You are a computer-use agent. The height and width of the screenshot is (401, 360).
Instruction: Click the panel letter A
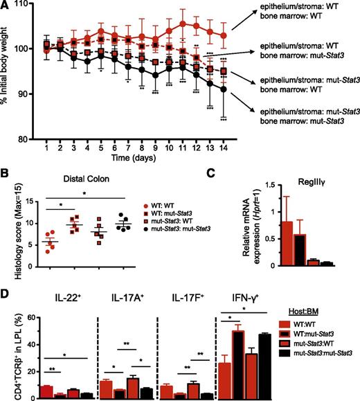tap(6, 6)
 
